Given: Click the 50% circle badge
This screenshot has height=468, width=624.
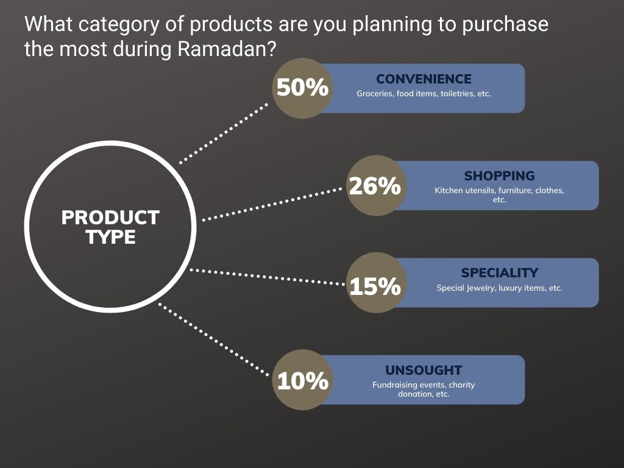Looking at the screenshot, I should (302, 88).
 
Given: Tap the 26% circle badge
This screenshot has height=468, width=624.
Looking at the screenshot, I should (375, 186).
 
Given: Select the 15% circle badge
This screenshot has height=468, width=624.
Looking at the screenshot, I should (375, 283).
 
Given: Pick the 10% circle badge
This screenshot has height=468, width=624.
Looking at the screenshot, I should (302, 380).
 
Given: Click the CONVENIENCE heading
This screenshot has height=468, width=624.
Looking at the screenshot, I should (424, 79).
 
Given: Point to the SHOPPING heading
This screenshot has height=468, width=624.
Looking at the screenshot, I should (499, 176).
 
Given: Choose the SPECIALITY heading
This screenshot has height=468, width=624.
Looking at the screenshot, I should (499, 273).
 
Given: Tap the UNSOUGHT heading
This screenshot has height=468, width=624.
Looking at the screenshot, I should (424, 370).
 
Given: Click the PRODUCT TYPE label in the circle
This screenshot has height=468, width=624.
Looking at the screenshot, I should (110, 227).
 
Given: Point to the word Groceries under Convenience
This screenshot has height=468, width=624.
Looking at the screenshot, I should (375, 94).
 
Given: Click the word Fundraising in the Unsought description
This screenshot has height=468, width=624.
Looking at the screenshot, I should (394, 385).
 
